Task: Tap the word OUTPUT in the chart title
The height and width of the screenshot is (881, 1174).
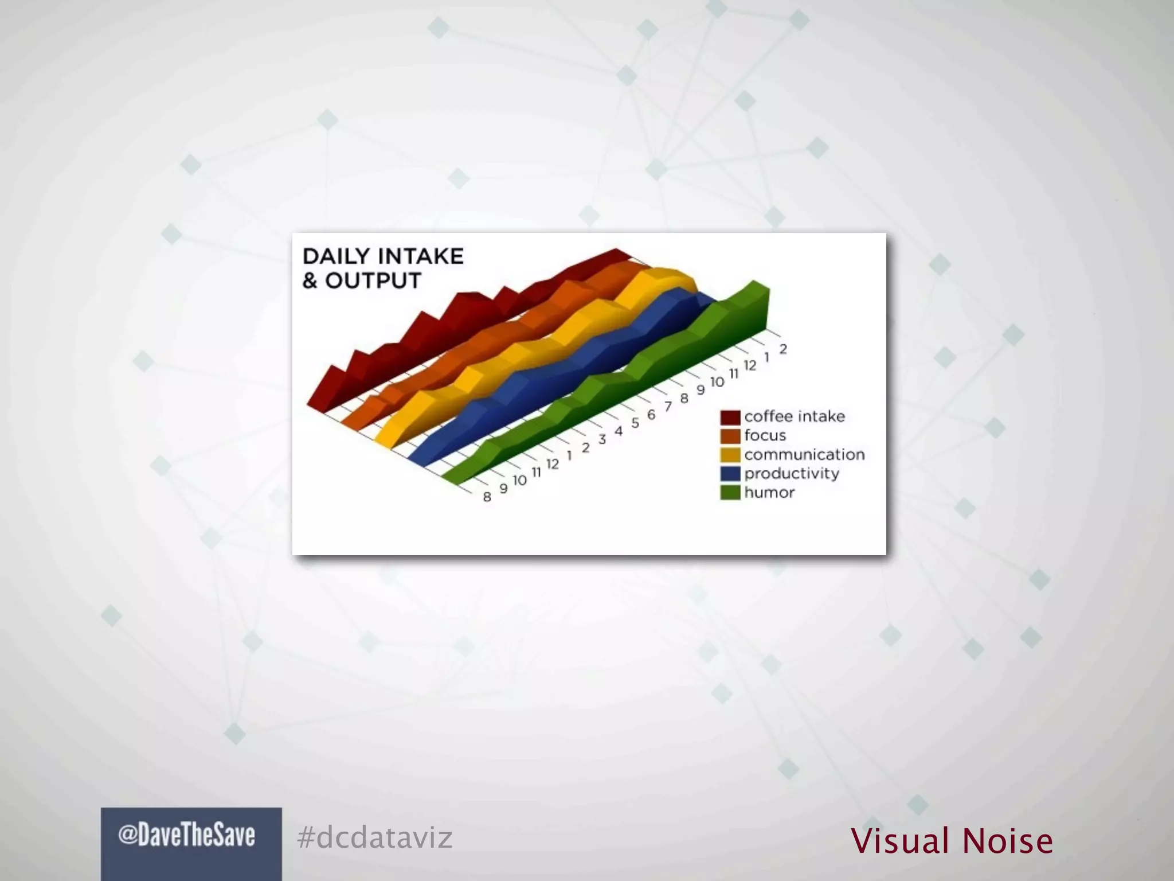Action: coord(373,281)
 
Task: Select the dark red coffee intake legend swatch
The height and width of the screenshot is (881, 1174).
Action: coord(730,417)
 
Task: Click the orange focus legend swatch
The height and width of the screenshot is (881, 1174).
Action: coord(730,436)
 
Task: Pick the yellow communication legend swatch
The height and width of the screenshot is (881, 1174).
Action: coord(730,455)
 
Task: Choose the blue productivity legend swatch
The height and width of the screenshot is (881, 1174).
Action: coord(730,474)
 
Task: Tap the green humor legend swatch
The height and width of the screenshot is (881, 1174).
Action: coord(730,493)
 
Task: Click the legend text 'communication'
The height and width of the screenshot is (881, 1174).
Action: coord(804,455)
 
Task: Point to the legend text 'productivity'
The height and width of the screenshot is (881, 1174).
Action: coord(792,474)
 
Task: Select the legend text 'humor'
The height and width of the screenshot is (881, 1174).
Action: coord(769,493)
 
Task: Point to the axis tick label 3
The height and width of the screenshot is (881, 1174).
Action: coord(602,440)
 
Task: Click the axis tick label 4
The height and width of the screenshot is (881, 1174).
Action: coord(619,431)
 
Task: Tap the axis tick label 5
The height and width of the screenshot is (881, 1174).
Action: coord(635,423)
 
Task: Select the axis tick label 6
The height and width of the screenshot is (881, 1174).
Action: coord(651,415)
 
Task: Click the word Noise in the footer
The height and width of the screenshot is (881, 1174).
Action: coord(1007,841)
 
